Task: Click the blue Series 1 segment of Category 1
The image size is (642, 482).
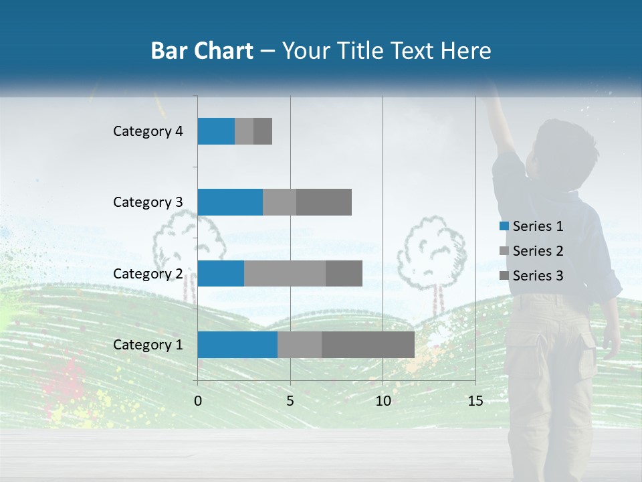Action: click(237, 345)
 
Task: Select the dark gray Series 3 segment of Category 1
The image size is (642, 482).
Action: click(368, 345)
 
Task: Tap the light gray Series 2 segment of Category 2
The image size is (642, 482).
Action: click(285, 273)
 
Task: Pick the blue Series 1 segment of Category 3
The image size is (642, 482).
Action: click(230, 202)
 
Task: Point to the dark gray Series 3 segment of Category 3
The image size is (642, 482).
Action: click(324, 202)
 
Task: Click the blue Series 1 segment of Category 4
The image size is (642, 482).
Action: click(216, 131)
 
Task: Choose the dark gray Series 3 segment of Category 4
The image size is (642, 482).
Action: click(263, 131)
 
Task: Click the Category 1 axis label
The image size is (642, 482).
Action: click(148, 345)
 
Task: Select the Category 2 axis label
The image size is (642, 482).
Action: click(148, 273)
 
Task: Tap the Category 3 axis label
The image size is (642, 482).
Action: click(148, 202)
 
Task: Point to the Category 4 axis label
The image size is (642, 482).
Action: click(148, 131)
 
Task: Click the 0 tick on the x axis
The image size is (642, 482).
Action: click(198, 402)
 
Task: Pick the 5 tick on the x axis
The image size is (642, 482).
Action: click(290, 402)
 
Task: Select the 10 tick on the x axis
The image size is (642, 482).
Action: click(383, 402)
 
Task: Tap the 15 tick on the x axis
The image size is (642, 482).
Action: click(475, 402)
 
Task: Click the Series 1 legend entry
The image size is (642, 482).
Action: click(532, 226)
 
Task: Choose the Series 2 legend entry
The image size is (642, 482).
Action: click(532, 251)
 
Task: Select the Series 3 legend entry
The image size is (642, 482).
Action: click(532, 276)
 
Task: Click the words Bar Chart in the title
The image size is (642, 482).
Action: click(202, 51)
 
